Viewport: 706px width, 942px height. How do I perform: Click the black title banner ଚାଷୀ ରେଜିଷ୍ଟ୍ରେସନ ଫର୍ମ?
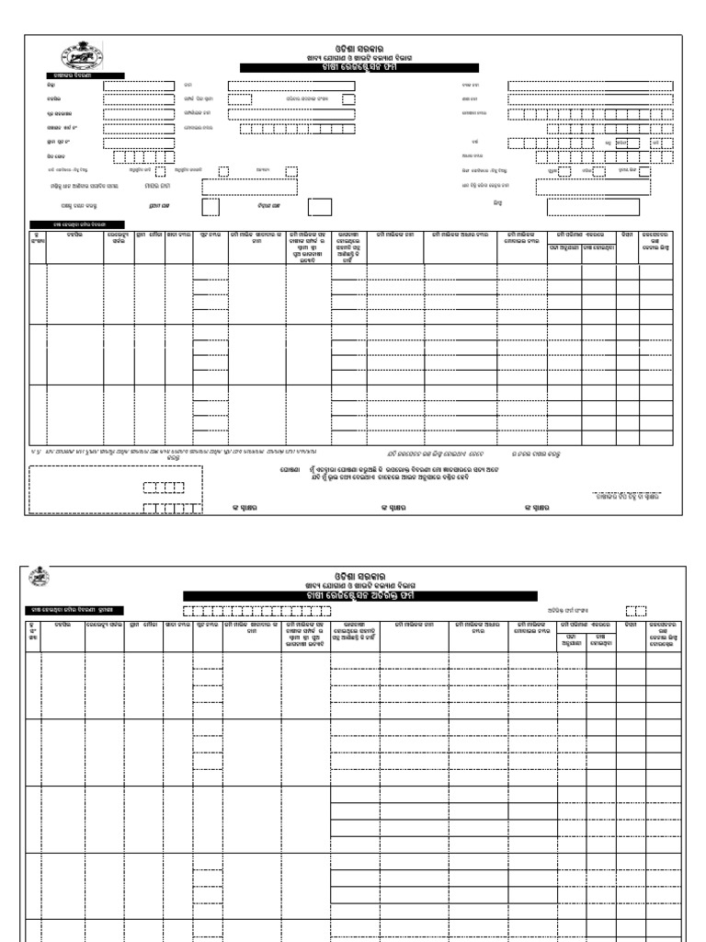coord(359,68)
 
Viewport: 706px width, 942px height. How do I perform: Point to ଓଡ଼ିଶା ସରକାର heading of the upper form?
coord(359,48)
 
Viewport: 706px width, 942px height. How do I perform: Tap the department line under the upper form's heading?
coord(359,58)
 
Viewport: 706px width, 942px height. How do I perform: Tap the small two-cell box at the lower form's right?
coord(636,610)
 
